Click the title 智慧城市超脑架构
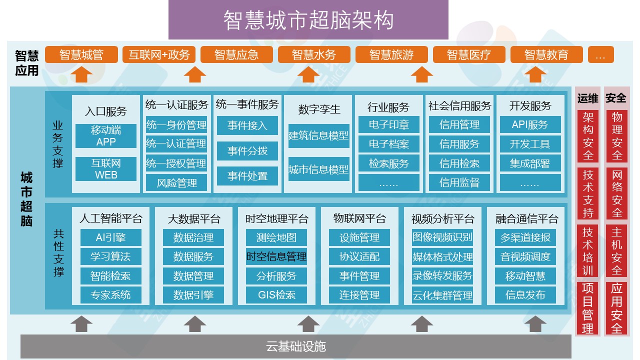308,20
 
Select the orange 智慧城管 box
81,55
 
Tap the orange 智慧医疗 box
469,55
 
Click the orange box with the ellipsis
600,55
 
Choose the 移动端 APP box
106,136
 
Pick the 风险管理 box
176,183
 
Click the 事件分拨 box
247,150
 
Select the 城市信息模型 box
318,169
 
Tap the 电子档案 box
389,144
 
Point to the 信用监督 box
459,183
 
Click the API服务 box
530,125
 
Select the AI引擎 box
110,237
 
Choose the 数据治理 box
193,237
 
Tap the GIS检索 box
276,295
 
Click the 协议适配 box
359,256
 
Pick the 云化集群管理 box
442,295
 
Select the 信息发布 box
525,295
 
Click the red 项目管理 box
587,308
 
